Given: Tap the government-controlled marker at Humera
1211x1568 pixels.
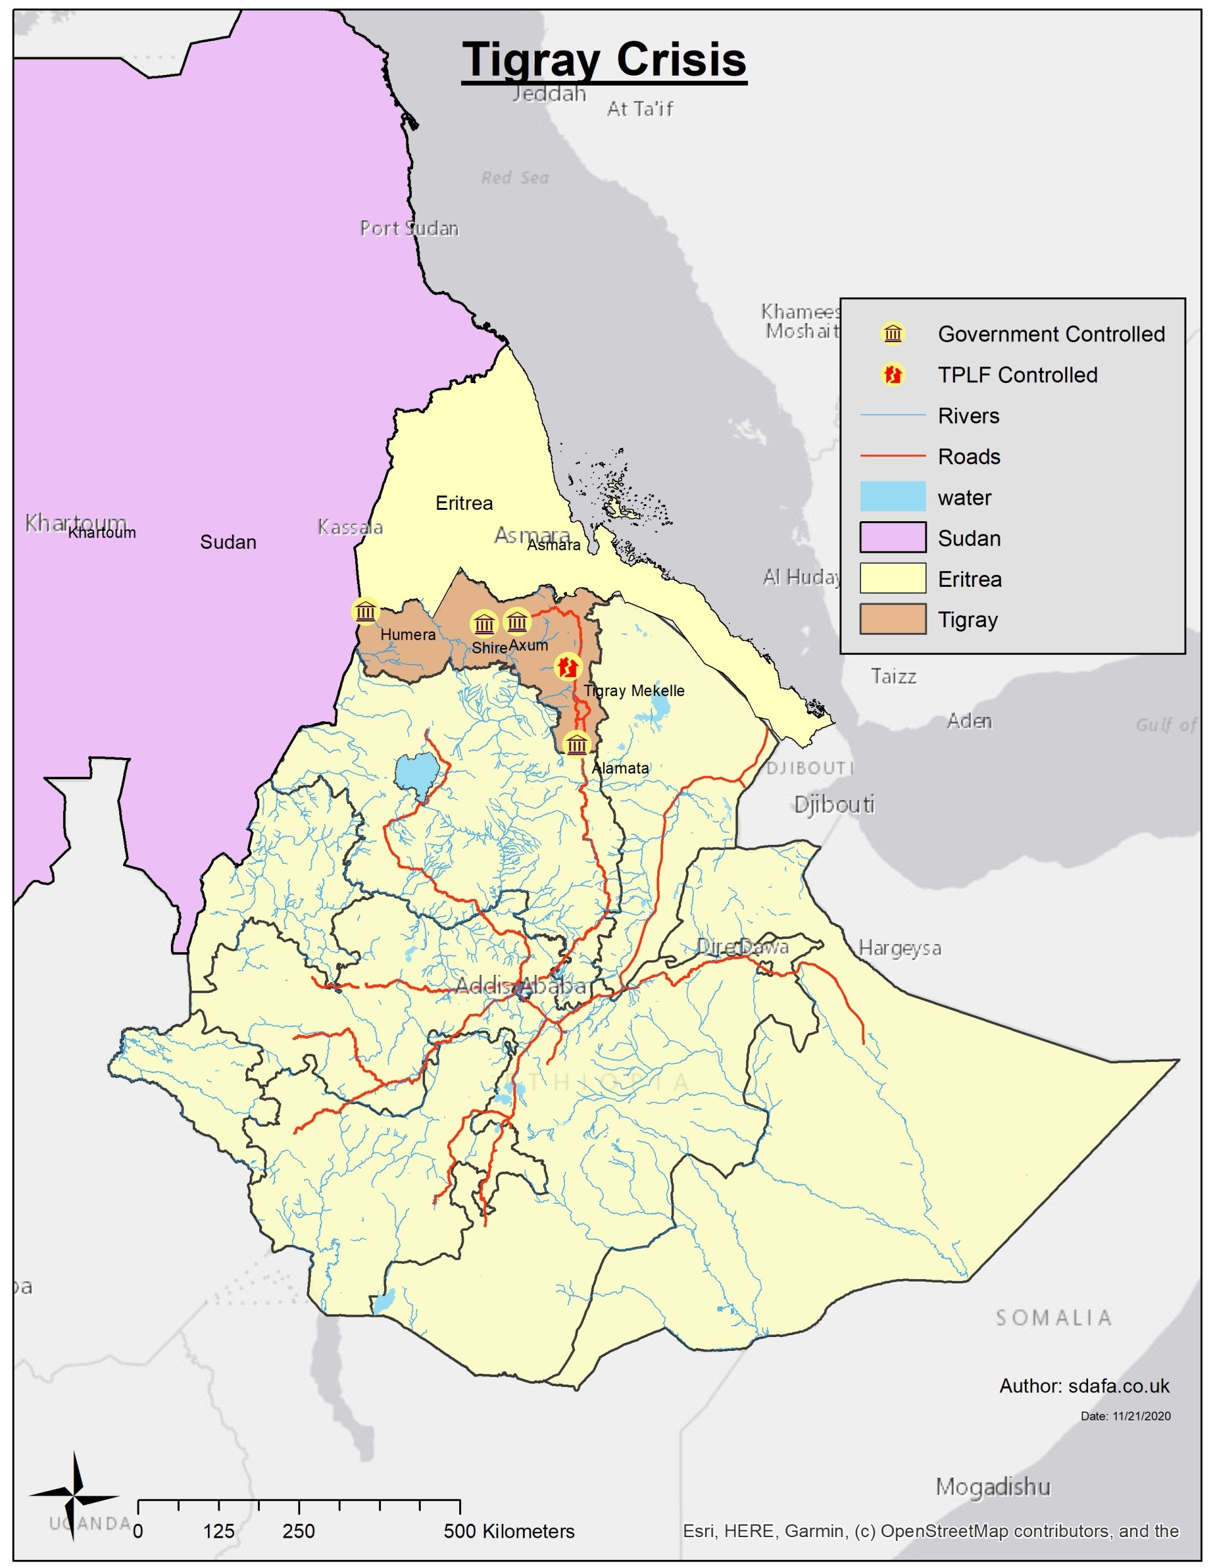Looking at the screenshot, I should click(x=365, y=611).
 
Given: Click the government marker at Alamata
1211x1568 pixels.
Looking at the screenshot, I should click(x=576, y=744).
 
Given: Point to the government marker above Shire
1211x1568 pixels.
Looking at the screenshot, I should click(x=484, y=624).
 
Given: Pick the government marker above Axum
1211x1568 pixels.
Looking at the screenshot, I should click(x=517, y=622).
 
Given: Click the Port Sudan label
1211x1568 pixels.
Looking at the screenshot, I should click(x=409, y=228).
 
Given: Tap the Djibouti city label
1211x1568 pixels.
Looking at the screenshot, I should click(x=834, y=804).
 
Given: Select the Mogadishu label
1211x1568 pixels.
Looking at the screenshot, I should click(x=992, y=1486).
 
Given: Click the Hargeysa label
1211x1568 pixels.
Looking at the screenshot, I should click(x=899, y=948).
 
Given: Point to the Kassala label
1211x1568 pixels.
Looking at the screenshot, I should click(x=350, y=527).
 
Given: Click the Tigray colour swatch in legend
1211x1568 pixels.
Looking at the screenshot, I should click(x=892, y=619).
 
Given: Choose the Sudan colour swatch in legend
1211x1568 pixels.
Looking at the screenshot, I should click(x=892, y=537).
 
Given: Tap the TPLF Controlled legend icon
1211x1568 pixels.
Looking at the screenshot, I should click(x=892, y=374).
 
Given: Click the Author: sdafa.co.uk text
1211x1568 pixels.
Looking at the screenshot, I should click(x=1084, y=1386).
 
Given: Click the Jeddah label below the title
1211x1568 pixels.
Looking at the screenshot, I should click(x=549, y=94).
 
